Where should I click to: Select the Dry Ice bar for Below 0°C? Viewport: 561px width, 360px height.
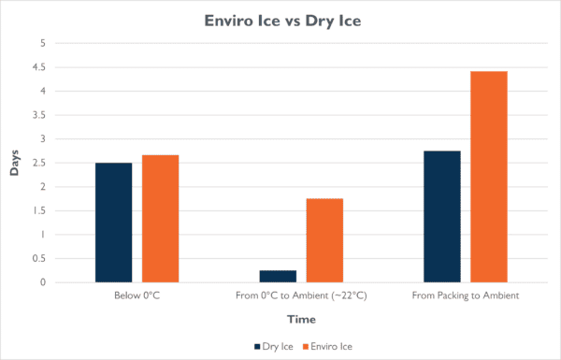click(113, 223)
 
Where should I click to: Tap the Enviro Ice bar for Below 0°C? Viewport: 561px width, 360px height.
click(160, 219)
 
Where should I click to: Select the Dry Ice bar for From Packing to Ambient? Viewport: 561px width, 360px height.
click(442, 216)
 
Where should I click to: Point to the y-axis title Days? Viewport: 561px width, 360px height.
click(14, 163)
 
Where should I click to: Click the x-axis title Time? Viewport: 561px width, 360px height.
click(301, 319)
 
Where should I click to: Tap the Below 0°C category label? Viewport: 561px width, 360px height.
click(137, 295)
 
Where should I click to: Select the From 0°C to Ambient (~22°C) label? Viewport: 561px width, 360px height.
click(301, 295)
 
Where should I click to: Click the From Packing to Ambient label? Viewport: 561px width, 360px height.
click(466, 295)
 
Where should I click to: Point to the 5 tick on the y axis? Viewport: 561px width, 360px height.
click(40, 43)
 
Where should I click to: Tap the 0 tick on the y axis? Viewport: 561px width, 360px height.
click(40, 282)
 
